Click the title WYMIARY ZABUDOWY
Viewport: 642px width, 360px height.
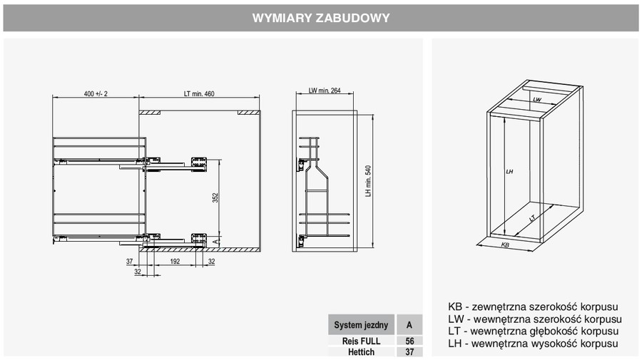coord(321,18)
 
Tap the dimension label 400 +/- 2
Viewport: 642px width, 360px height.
coord(96,93)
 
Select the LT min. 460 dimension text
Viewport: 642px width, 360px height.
coord(199,93)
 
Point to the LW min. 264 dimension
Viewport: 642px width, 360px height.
coord(325,91)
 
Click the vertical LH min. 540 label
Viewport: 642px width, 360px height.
coord(368,181)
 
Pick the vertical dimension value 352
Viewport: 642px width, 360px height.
coord(215,198)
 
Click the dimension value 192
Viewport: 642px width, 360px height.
coord(175,262)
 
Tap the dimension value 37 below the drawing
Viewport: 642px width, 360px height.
coord(129,262)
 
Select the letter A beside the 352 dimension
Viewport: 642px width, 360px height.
coord(215,242)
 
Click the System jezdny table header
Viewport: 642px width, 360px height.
coord(361,325)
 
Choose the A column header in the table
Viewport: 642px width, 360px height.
coord(409,325)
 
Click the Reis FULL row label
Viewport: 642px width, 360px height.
coord(361,341)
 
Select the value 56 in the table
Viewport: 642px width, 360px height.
coord(409,341)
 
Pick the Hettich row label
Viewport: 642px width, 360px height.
coord(361,352)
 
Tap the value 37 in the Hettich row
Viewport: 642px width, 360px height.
coord(409,352)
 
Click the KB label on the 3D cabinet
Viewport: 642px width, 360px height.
coord(505,245)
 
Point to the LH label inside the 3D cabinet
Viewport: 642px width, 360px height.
coord(509,171)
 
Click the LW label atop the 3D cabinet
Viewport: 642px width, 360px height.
coord(536,99)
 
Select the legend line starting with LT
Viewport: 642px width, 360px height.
coord(533,331)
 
